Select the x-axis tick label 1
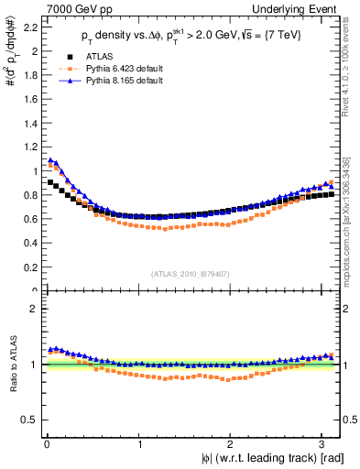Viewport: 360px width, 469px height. (139, 444)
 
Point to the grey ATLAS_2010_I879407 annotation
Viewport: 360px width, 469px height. (191, 273)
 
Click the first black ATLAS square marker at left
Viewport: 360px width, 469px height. (49, 182)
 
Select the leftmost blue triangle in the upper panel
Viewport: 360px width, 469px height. (49, 160)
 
